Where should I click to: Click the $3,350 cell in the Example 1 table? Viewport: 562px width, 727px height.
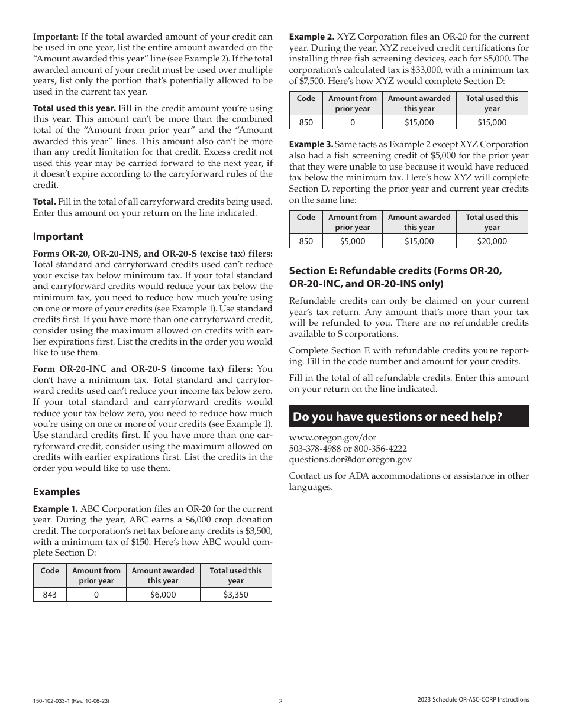(235, 595)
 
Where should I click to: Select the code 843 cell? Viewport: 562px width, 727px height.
(50, 595)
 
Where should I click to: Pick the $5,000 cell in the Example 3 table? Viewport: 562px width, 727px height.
(352, 241)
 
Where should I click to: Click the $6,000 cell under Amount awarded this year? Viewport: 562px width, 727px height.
(163, 595)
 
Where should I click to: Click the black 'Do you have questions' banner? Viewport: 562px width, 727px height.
(408, 416)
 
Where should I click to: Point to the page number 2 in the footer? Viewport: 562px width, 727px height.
(281, 701)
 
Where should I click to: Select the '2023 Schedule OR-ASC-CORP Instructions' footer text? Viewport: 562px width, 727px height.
(473, 700)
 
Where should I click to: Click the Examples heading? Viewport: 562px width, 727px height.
(56, 492)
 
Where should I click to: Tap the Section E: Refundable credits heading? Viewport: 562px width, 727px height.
(395, 277)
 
